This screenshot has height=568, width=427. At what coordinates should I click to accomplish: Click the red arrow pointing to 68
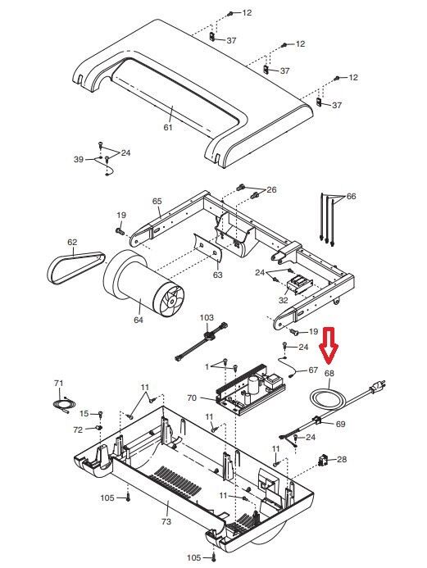[x=328, y=346]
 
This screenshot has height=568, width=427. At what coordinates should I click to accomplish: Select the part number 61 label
[x=168, y=128]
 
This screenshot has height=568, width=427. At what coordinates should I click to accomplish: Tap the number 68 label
[x=329, y=373]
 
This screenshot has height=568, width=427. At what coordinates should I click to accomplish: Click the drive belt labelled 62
[x=76, y=268]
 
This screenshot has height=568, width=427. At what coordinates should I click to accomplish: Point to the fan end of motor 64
[x=168, y=298]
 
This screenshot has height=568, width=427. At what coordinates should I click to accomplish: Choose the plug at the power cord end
[x=377, y=387]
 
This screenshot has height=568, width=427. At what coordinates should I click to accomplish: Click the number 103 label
[x=207, y=318]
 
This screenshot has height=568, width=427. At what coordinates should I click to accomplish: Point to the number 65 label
[x=157, y=201]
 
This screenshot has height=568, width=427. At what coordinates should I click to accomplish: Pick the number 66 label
[x=352, y=197]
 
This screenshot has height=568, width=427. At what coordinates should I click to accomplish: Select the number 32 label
[x=284, y=300]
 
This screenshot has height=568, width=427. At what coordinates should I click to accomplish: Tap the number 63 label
[x=217, y=275]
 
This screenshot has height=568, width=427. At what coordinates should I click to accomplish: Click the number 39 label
[x=79, y=159]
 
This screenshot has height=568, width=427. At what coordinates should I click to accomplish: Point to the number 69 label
[x=340, y=424]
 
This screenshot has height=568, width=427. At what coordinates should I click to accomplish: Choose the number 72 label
[x=78, y=430]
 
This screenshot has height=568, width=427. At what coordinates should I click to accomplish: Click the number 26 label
[x=271, y=190]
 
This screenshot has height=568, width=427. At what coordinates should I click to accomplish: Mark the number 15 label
[x=84, y=413]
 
